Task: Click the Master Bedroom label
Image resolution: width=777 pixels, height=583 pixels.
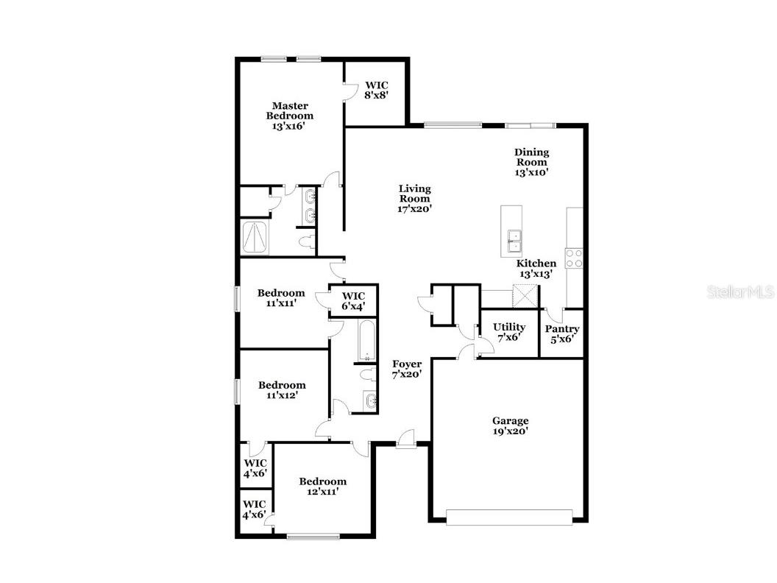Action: click(x=289, y=116)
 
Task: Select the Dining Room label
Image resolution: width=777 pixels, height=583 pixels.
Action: click(x=531, y=162)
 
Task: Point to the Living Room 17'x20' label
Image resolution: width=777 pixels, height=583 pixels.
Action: click(x=414, y=199)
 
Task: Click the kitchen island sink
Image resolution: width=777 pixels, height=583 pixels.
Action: click(x=514, y=240)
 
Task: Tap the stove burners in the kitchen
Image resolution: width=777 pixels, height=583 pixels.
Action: click(x=574, y=258)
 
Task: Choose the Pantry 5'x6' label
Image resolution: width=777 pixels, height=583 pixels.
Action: click(x=562, y=333)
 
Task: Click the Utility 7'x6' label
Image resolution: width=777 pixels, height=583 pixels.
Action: click(x=509, y=332)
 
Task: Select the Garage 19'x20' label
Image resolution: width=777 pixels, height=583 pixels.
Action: click(x=510, y=426)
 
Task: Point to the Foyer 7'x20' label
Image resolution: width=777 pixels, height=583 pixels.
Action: click(x=406, y=369)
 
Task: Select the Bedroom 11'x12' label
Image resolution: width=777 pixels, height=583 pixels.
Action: click(x=282, y=390)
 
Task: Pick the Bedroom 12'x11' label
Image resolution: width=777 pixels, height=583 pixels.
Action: click(x=322, y=487)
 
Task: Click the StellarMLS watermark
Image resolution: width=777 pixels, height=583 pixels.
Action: click(x=740, y=292)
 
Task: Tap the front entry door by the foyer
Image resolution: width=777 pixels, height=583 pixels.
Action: click(x=404, y=442)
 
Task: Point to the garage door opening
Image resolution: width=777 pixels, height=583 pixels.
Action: click(x=509, y=518)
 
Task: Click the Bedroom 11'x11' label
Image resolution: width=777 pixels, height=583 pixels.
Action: click(x=281, y=297)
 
